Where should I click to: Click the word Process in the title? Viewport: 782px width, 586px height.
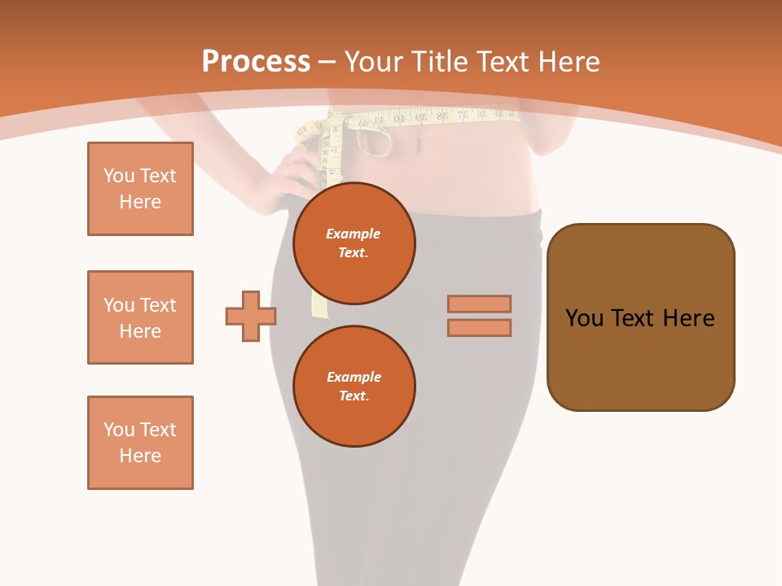click(256, 62)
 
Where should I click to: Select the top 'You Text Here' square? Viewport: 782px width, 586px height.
click(140, 189)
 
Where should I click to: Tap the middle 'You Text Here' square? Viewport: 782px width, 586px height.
click(140, 317)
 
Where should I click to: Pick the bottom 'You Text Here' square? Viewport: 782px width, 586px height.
click(140, 443)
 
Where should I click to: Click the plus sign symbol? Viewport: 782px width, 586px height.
click(251, 316)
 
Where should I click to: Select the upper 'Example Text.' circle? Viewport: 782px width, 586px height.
click(354, 243)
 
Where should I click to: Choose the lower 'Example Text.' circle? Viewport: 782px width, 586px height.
click(354, 386)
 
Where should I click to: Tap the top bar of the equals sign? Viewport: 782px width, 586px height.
click(479, 304)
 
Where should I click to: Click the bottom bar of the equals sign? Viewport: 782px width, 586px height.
click(479, 327)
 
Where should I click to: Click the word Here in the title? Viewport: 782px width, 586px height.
click(567, 62)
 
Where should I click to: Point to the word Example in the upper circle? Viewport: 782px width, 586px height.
click(353, 234)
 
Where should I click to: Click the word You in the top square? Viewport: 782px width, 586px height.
click(119, 176)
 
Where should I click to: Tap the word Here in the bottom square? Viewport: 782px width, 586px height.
click(140, 456)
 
